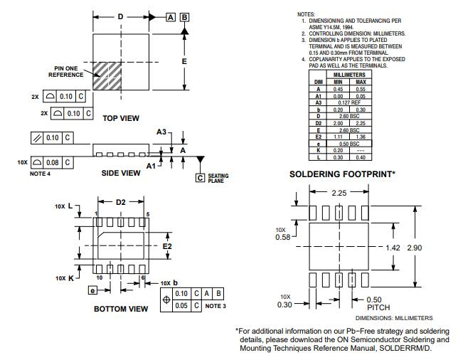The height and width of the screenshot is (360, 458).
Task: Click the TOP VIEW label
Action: tap(121, 118)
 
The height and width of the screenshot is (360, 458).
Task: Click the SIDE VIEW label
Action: tap(121, 173)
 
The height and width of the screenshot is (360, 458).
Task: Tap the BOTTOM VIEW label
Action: tap(121, 309)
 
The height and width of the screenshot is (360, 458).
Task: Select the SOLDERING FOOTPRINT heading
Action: tap(342, 174)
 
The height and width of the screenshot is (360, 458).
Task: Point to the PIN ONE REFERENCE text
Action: tap(65, 71)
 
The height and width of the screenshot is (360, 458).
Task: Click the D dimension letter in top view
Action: tap(120, 16)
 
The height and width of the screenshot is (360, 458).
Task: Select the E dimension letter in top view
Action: tap(184, 62)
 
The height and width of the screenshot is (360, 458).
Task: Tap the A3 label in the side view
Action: tap(161, 132)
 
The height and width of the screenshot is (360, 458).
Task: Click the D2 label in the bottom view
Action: tap(120, 203)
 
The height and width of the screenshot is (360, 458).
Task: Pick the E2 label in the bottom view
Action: tap(168, 245)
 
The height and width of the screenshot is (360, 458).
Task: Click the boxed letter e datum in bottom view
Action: tap(92, 290)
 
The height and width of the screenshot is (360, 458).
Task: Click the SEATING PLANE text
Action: tap(217, 179)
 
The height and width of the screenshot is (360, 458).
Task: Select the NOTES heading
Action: tap(306, 14)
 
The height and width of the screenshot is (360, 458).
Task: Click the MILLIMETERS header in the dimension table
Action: tap(349, 75)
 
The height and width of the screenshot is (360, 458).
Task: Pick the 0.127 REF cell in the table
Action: tap(349, 102)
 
